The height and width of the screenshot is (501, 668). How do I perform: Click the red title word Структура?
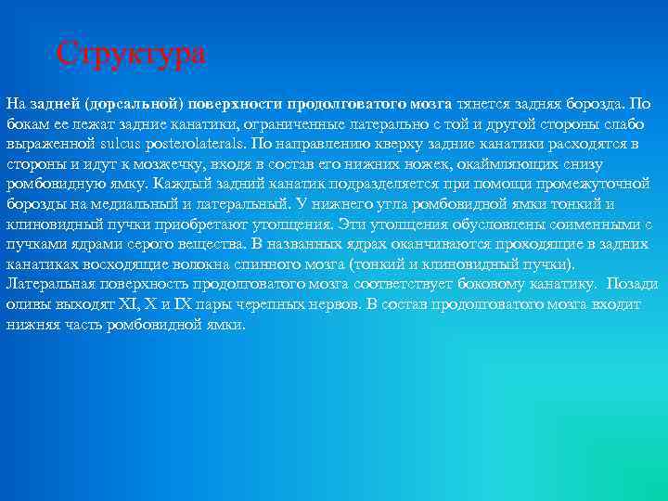click(x=131, y=53)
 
